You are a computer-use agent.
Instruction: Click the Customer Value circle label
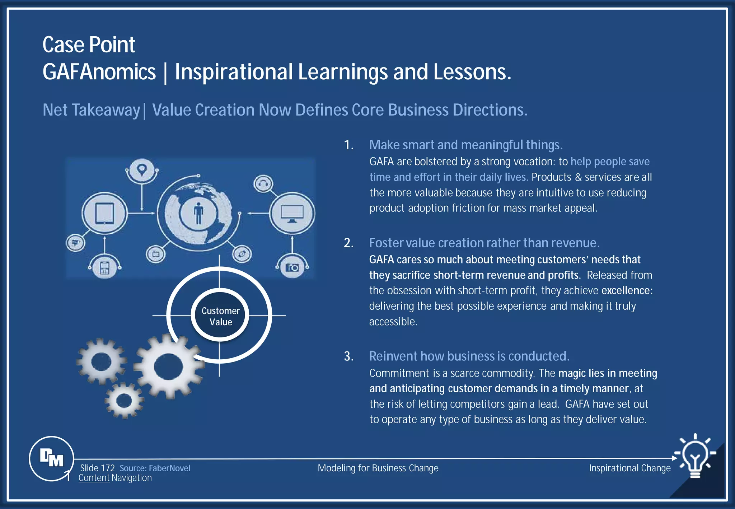pyautogui.click(x=220, y=316)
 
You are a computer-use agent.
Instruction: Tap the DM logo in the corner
pyautogui.click(x=52, y=458)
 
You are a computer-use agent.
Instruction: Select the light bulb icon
pyautogui.click(x=696, y=456)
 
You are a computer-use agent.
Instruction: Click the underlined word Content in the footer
pyautogui.click(x=94, y=478)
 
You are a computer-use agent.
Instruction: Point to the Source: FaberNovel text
pyautogui.click(x=155, y=468)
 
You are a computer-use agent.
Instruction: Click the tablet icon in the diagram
pyautogui.click(x=104, y=213)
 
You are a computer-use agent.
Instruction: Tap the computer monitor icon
pyautogui.click(x=292, y=214)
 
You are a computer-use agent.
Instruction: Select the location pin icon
pyautogui.click(x=142, y=169)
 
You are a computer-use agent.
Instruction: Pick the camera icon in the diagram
pyautogui.click(x=292, y=267)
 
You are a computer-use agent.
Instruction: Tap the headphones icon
pyautogui.click(x=263, y=184)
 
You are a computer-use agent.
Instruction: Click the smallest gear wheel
pyautogui.click(x=124, y=400)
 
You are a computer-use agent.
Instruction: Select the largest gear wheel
pyautogui.click(x=168, y=367)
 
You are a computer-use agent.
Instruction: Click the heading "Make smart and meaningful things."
pyautogui.click(x=465, y=145)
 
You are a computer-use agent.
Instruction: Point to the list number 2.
pyautogui.click(x=348, y=243)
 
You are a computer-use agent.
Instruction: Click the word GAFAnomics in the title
pyautogui.click(x=99, y=72)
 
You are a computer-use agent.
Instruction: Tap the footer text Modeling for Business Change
pyautogui.click(x=378, y=468)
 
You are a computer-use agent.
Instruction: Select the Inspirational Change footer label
pyautogui.click(x=629, y=468)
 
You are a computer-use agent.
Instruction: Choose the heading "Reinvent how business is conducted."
pyautogui.click(x=469, y=356)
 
